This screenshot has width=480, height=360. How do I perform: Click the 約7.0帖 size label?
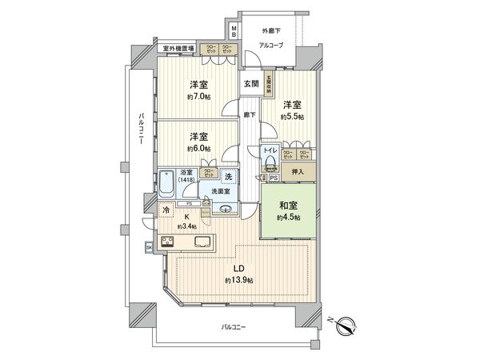pyautogui.click(x=199, y=97)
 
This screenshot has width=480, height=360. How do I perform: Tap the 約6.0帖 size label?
pyautogui.click(x=199, y=148)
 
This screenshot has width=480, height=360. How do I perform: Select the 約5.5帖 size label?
pyautogui.click(x=292, y=116)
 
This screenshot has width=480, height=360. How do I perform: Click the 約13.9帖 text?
pyautogui.click(x=239, y=281)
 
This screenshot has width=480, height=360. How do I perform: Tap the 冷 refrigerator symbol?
pyautogui.click(x=166, y=210)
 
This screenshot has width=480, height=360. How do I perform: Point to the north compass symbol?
pyautogui.click(x=348, y=325)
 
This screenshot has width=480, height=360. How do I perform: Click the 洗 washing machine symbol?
pyautogui.click(x=228, y=177)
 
